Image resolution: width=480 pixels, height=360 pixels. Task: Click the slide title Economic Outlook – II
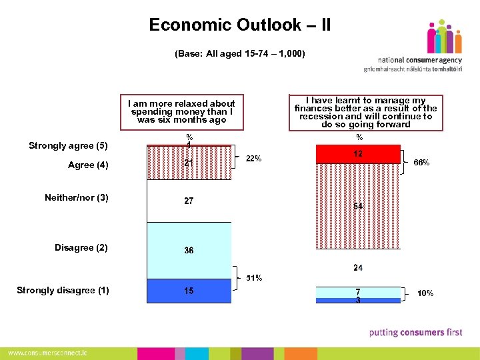click(x=240, y=25)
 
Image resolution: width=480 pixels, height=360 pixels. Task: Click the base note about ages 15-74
click(x=240, y=53)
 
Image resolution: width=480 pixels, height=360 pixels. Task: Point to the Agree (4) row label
click(x=88, y=165)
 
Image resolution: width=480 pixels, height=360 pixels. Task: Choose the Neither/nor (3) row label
click(x=77, y=197)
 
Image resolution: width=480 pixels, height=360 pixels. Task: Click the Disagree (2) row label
click(x=81, y=248)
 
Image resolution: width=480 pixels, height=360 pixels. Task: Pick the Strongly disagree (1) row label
click(x=63, y=290)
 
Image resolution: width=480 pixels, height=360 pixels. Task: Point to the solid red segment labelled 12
click(x=359, y=154)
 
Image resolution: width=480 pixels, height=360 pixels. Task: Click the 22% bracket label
click(x=254, y=159)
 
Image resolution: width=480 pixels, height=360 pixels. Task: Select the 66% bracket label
click(x=421, y=163)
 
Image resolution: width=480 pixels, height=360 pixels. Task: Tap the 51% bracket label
click(x=254, y=277)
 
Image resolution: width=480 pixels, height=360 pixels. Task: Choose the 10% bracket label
click(x=425, y=293)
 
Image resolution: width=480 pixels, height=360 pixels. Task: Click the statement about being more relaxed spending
click(x=182, y=112)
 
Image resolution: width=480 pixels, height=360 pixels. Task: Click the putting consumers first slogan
click(x=415, y=332)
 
